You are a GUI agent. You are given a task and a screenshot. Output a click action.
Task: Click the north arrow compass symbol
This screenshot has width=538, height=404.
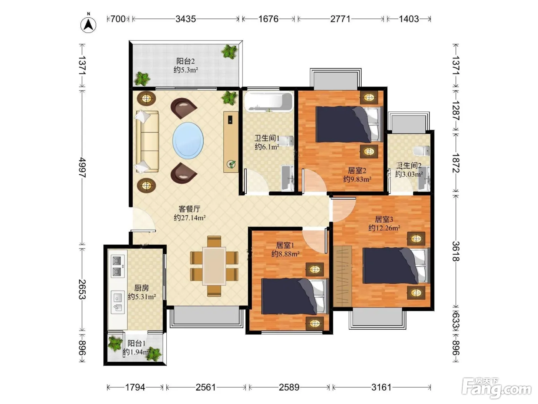coord(88,25)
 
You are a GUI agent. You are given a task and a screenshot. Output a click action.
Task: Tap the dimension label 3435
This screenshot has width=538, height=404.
coord(186,19)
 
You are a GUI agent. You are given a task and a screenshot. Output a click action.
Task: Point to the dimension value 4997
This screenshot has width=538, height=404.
coord(82,167)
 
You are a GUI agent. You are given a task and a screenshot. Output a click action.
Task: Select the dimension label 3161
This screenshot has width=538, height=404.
coord(381,387)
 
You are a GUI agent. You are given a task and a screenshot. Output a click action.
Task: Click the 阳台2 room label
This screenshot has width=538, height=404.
coord(185,61)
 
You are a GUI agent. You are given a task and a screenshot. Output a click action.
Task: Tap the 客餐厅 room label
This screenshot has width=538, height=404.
coord(189,209)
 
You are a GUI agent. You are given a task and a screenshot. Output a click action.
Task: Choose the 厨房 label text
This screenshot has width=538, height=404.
coord(141,288)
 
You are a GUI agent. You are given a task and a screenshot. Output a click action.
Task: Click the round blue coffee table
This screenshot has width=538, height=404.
coord(188,140)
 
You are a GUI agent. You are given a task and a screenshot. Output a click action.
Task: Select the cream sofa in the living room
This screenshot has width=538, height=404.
coord(147,142)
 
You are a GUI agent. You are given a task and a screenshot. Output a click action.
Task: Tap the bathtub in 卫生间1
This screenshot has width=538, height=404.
coord(269,102)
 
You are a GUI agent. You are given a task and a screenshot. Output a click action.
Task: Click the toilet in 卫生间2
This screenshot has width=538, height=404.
coord(421,150)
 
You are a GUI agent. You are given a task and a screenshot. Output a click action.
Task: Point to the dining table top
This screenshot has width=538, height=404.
coord(214,266)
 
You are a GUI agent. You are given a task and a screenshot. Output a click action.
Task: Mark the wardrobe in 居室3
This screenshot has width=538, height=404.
coord(342,276)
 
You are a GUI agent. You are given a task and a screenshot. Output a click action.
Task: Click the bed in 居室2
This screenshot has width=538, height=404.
coord(349,124)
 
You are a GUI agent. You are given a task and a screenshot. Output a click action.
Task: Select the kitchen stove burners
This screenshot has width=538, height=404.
coord(118,266)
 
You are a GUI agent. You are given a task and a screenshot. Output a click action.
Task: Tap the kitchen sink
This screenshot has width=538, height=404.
coord(118,302)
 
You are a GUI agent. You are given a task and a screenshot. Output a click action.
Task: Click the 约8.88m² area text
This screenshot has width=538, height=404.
coord(285,254)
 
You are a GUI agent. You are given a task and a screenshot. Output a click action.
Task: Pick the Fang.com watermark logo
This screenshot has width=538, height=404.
coord(496,388)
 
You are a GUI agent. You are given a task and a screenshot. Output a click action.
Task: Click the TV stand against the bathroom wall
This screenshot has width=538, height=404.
coord(231,142)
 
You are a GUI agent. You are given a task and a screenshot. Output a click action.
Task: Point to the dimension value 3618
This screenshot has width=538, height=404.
coord(456,251)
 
